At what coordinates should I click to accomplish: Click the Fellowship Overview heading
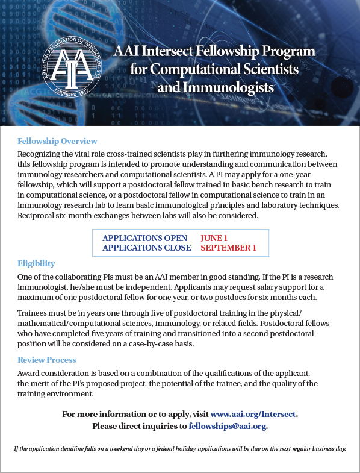(57, 141)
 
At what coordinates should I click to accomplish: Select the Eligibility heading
(36, 263)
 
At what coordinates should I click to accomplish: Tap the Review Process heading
(47, 360)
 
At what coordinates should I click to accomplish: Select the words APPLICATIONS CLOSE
(147, 248)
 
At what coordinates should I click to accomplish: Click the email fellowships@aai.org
(227, 426)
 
